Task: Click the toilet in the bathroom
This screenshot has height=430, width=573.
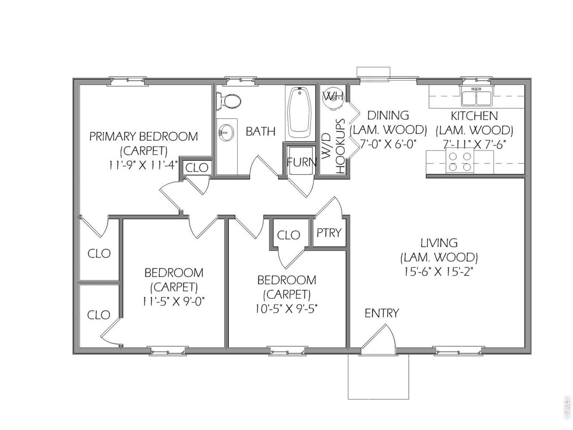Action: [x=228, y=101]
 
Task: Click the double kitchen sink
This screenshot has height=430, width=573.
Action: [x=476, y=96]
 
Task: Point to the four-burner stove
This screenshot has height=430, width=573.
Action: [x=459, y=160]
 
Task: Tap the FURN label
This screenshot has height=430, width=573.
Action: [x=301, y=162]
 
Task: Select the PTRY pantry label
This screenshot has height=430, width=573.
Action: [x=329, y=232]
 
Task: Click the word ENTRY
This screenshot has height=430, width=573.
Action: [x=382, y=313]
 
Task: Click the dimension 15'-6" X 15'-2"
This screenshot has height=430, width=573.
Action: [x=439, y=272]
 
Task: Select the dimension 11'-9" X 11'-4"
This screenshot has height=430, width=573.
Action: [x=143, y=165]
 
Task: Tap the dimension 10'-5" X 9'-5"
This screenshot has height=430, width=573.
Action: [x=286, y=310]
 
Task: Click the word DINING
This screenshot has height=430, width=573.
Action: [x=388, y=115]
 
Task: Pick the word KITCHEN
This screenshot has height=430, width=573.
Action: [x=475, y=116]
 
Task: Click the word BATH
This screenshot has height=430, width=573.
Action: [x=261, y=131]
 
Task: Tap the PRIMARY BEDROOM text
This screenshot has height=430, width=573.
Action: [x=144, y=136]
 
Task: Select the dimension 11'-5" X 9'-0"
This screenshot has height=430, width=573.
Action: [x=173, y=302]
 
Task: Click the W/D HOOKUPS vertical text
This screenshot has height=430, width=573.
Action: [x=334, y=146]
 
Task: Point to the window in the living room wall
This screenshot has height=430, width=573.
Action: [x=458, y=351]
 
